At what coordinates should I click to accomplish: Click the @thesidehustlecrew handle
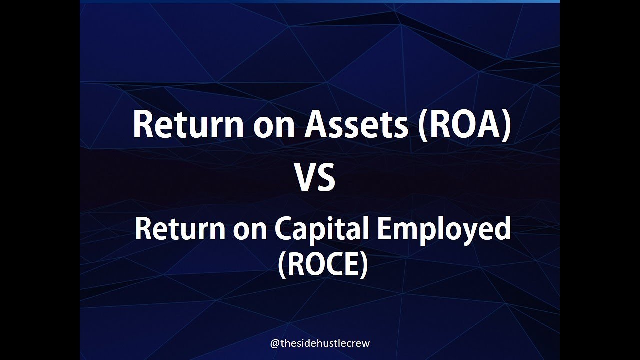320,343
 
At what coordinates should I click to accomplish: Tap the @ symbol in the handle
274,344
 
